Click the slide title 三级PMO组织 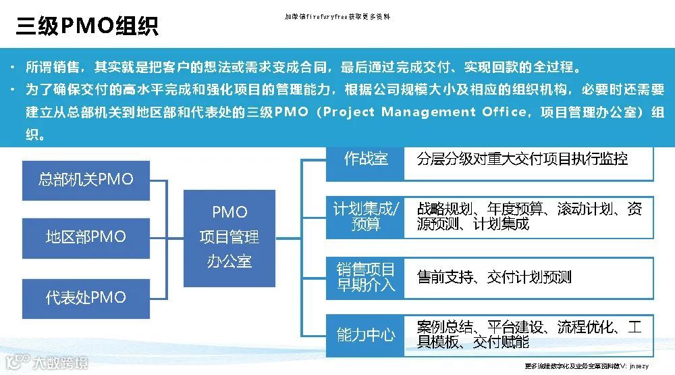click(87, 26)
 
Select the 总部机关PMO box click(86, 180)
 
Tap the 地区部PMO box click(86, 237)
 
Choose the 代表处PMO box click(86, 297)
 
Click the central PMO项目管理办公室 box click(230, 237)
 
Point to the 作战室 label click(365, 159)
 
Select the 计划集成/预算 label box click(365, 216)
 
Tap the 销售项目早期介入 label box click(365, 277)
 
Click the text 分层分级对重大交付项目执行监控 click(522, 159)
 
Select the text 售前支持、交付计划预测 click(494, 277)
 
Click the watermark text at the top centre click(337, 16)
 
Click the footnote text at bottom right click(586, 366)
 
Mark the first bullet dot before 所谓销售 click(13, 68)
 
